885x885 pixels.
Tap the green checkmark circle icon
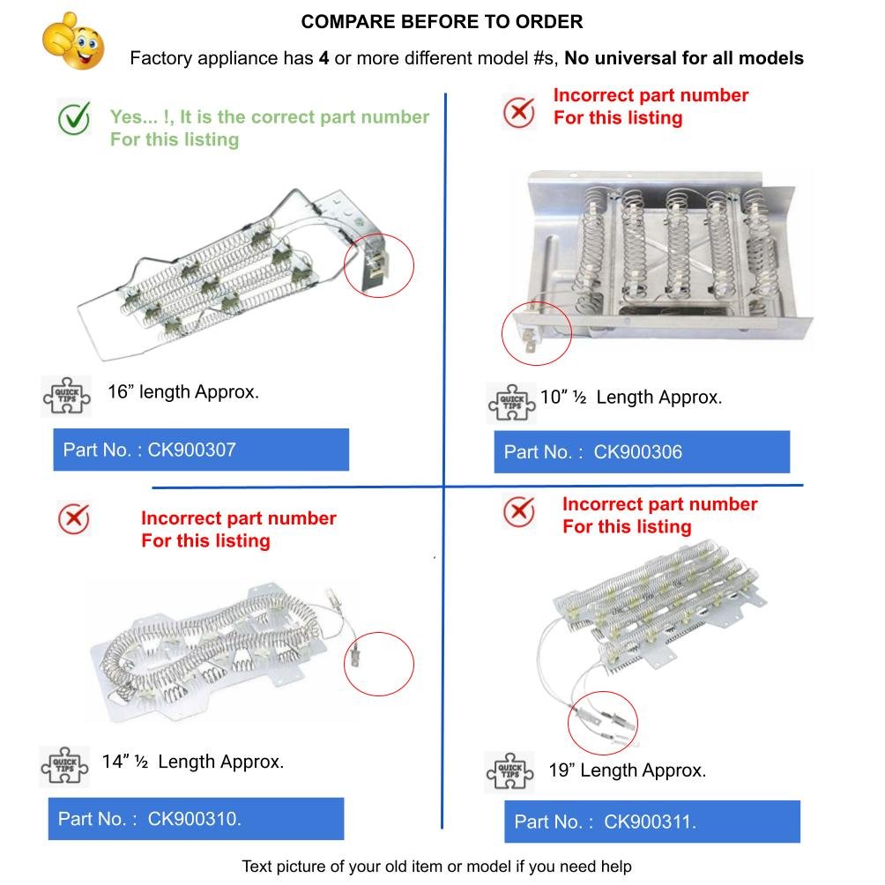pos(74,118)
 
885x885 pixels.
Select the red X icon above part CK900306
pos(519,112)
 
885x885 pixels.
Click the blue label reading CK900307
pos(201,450)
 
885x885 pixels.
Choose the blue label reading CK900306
pos(642,452)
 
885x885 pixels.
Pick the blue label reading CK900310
pos(195,819)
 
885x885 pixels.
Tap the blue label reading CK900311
pos(652,822)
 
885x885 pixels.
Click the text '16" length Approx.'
pos(183,392)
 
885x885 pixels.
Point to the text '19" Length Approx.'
pos(627,770)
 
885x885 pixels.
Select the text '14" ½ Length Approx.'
pos(193,762)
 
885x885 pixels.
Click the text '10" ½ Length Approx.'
pos(631,398)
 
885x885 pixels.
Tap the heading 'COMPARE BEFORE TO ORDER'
pos(442,22)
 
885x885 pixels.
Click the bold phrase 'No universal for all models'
pos(684,59)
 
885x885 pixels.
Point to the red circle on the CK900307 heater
pos(378,262)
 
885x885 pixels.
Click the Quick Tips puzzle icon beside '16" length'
pos(66,397)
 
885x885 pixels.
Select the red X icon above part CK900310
pos(73,519)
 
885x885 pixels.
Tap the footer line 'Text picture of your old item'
pos(436,866)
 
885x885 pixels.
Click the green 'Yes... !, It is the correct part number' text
pos(269,117)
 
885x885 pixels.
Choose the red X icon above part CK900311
pos(519,511)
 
